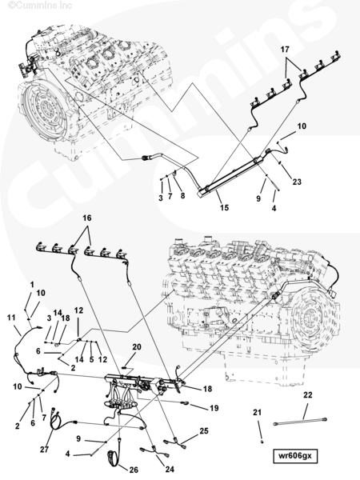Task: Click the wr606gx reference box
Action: (x=295, y=456)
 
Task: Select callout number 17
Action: (x=285, y=50)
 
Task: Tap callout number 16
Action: (x=87, y=218)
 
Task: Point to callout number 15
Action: (x=224, y=207)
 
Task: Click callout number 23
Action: (x=297, y=182)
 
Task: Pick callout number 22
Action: (x=308, y=395)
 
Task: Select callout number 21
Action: (x=257, y=413)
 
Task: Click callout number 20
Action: (x=137, y=347)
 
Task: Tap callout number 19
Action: (x=214, y=408)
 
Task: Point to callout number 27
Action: (x=44, y=450)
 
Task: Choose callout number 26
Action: (x=134, y=470)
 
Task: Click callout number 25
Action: (x=204, y=431)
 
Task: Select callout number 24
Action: (x=170, y=470)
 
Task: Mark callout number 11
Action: (x=11, y=318)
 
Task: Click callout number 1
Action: (x=32, y=285)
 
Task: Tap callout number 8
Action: (x=182, y=196)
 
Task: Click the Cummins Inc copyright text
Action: (x=40, y=6)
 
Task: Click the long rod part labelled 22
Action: (x=300, y=422)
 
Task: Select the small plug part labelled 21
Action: (x=262, y=442)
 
